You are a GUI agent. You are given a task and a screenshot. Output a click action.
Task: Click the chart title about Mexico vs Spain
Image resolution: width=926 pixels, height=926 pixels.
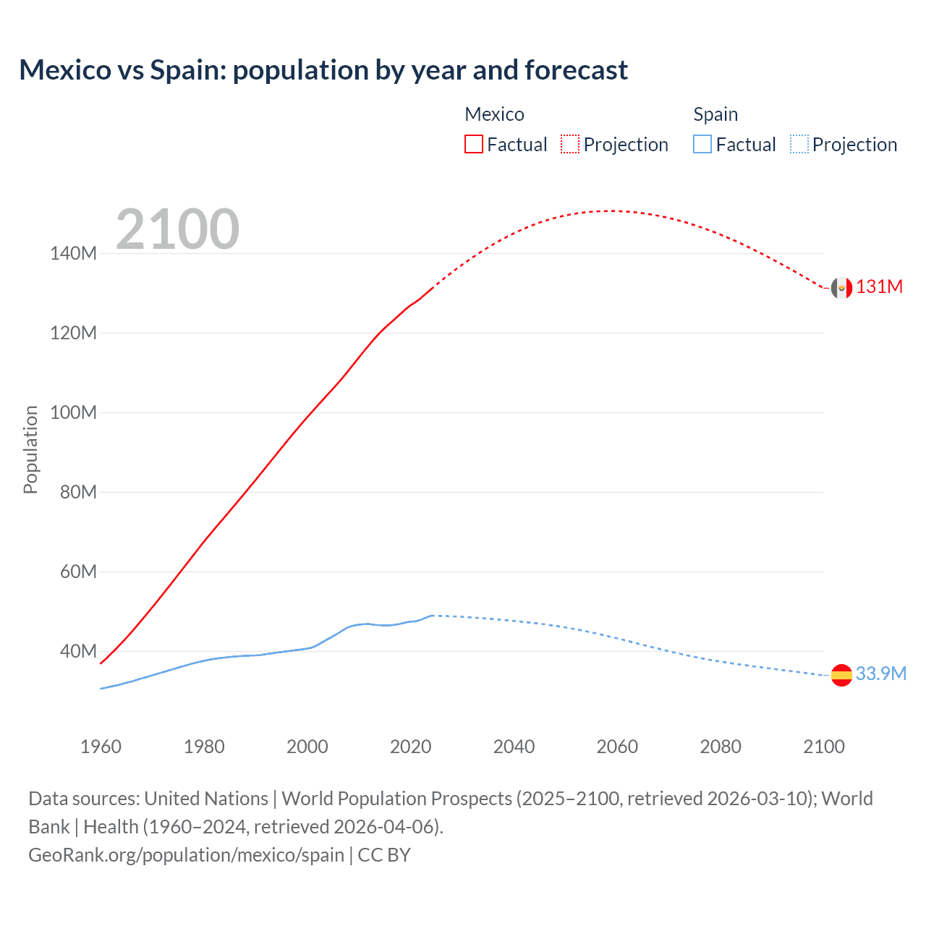pos(323,70)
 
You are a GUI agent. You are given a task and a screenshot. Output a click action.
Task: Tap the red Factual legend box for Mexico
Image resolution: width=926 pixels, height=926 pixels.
pos(474,144)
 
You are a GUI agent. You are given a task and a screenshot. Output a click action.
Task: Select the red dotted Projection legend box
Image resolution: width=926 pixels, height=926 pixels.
pos(570,144)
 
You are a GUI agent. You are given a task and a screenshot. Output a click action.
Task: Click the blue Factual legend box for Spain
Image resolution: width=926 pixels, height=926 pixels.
pos(702,144)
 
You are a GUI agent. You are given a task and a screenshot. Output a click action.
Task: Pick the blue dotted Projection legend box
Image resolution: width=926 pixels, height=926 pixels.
pos(799,144)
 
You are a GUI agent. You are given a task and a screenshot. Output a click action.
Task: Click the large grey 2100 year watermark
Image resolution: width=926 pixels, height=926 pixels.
pos(177,229)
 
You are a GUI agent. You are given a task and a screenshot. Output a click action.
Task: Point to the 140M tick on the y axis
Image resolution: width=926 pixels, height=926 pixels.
pos(73,253)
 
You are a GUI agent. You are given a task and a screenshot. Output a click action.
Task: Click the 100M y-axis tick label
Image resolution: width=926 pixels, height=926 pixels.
pos(73,412)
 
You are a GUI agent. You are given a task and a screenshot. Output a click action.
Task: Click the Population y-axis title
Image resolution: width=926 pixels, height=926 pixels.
pos(30,449)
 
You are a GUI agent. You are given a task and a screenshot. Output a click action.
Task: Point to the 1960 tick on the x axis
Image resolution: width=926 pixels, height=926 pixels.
pos(101,747)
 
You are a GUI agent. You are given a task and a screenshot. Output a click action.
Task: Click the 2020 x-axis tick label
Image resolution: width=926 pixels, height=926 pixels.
pos(410,747)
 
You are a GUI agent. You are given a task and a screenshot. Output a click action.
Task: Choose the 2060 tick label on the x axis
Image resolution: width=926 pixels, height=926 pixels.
pos(617,747)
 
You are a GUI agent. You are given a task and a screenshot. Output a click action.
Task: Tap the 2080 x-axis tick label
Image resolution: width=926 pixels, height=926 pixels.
pos(721,747)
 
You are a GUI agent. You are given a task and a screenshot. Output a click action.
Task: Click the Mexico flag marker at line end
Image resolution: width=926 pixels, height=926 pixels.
pos(841,288)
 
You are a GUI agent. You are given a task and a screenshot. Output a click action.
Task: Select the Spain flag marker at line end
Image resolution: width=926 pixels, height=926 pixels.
pos(841,675)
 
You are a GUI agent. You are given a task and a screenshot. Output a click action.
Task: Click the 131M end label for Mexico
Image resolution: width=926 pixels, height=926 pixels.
pos(880,287)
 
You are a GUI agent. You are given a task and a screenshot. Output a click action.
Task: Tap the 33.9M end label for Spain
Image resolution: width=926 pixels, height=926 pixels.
pos(881,674)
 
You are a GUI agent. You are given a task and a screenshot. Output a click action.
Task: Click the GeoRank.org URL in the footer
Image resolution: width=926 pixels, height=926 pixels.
pos(186,855)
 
